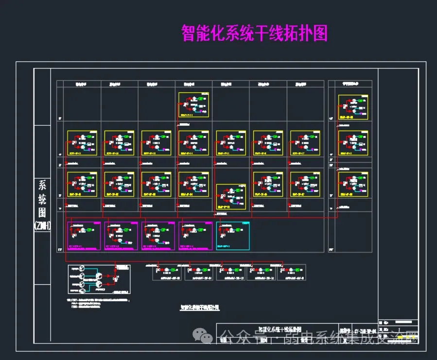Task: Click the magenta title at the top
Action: pos(254,33)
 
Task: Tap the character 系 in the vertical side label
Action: pos(43,186)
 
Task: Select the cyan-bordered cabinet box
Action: pos(232,236)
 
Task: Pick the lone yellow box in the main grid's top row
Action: pos(193,104)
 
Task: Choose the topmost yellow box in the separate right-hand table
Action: pos(353,107)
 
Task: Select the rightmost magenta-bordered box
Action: pos(196,236)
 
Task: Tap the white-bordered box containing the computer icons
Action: pos(99,279)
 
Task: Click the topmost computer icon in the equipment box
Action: pos(81,269)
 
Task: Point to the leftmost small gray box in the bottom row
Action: pos(168,273)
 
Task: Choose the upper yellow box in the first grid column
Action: pos(82,143)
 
